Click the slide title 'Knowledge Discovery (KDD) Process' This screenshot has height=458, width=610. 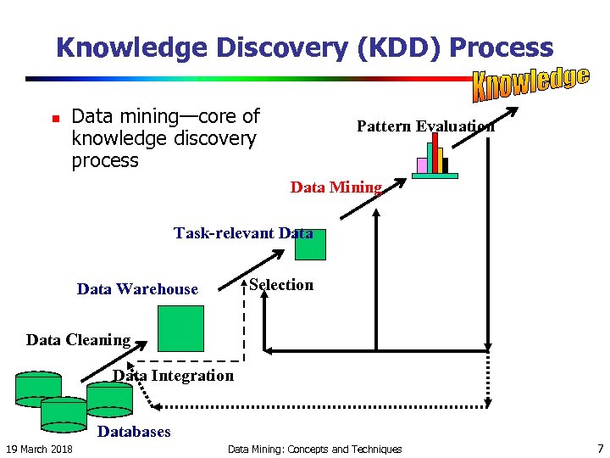point(304,47)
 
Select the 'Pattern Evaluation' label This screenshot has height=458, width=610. point(425,126)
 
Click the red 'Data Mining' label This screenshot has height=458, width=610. point(336,187)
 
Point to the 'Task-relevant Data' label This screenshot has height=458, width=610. point(243,232)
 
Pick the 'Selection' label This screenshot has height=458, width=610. point(281,285)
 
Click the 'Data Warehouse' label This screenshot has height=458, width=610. point(137,289)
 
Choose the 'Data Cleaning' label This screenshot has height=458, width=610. point(78,340)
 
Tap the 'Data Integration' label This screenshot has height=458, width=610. point(173,375)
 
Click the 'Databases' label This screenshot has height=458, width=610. point(134,432)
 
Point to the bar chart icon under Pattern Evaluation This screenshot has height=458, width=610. point(434,157)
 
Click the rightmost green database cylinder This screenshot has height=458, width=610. point(109,397)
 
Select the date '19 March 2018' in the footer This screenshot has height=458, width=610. point(39,449)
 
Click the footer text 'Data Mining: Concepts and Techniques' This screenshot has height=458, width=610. point(315,449)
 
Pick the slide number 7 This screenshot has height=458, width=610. point(600,448)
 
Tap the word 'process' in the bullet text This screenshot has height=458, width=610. point(105,160)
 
